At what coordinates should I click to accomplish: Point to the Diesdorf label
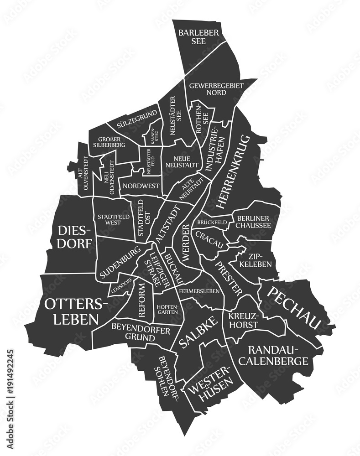75,236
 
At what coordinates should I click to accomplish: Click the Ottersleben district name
76,311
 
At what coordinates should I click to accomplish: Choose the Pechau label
294,308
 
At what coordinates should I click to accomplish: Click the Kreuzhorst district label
244,321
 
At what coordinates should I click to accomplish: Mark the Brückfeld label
212,223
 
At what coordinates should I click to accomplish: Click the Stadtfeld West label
110,219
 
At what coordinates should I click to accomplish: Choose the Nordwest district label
141,186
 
